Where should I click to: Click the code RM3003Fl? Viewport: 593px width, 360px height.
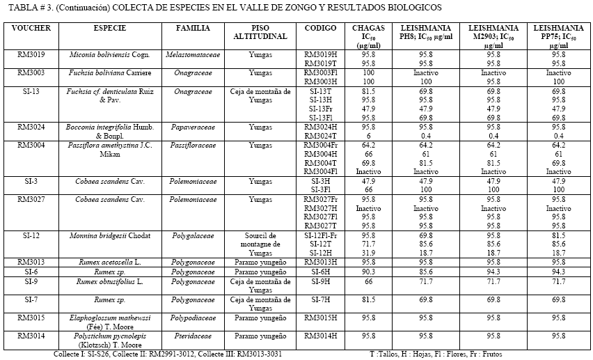click(321, 72)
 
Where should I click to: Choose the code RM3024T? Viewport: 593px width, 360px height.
click(321, 135)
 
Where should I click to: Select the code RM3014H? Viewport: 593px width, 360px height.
click(321, 335)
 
